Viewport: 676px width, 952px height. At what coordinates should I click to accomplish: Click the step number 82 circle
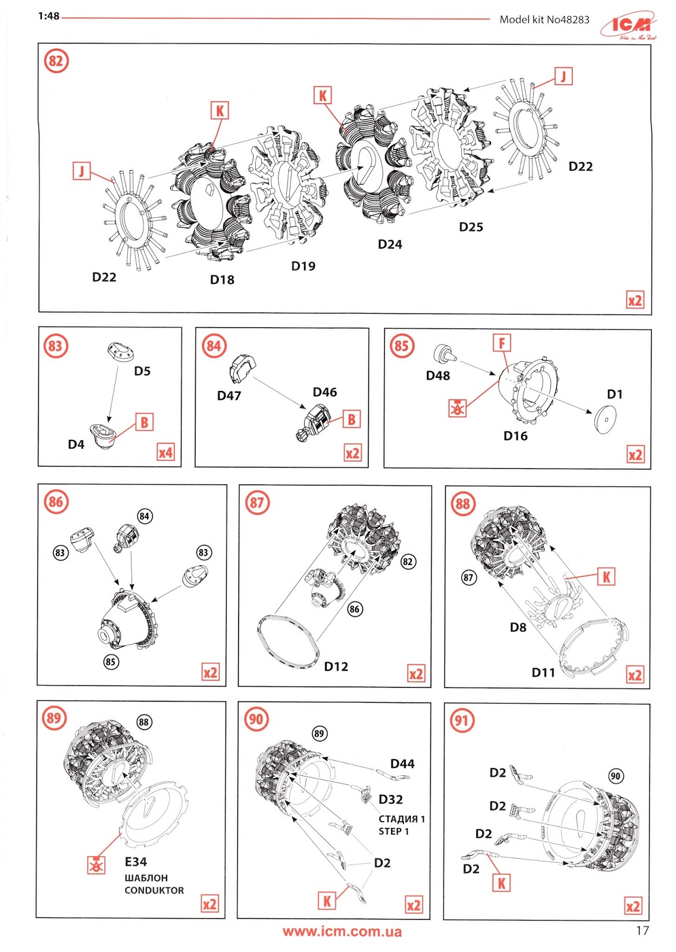click(56, 61)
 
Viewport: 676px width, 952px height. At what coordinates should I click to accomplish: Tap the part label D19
click(303, 266)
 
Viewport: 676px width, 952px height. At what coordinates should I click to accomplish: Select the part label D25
click(471, 227)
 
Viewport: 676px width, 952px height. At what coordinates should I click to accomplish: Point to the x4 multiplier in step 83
click(165, 453)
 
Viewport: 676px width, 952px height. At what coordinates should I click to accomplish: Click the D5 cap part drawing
click(121, 352)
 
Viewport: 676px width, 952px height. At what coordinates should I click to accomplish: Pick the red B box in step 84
click(352, 419)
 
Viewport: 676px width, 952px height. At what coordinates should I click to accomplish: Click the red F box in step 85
click(502, 343)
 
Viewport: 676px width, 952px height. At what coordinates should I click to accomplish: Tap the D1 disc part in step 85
click(605, 420)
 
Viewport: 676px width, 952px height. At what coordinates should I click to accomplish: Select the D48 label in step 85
click(438, 375)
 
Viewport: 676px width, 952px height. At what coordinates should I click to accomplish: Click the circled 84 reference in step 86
click(144, 516)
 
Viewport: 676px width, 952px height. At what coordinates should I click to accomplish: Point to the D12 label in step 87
click(336, 666)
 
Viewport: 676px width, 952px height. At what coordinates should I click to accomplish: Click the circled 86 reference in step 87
click(355, 609)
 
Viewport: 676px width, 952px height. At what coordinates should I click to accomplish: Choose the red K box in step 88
click(606, 577)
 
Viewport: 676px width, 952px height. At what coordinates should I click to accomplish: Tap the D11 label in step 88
click(543, 672)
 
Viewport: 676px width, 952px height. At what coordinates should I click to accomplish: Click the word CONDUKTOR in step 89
click(154, 890)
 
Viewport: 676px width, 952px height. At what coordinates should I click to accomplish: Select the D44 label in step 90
click(402, 763)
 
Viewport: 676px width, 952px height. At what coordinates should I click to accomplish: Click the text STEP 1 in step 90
click(393, 831)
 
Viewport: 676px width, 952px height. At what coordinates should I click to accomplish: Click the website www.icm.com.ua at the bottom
click(342, 932)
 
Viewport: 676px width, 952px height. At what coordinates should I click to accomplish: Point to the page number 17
click(642, 931)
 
